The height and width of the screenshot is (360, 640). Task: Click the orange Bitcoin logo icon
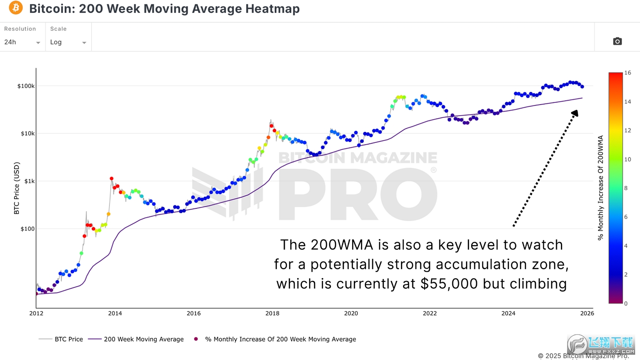(x=16, y=8)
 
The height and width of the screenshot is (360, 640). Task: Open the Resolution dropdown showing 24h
(x=22, y=42)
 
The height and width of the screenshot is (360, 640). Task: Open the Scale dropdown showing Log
(x=68, y=42)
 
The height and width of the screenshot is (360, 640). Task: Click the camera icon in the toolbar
(x=617, y=41)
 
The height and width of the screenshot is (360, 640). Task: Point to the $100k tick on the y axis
(x=26, y=86)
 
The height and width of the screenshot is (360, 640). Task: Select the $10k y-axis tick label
(x=27, y=133)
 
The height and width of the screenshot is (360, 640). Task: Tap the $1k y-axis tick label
(x=29, y=181)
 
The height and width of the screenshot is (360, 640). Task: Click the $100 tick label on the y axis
(x=28, y=229)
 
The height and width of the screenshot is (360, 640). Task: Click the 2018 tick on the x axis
(x=272, y=313)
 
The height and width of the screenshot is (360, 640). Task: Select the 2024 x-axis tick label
(x=508, y=313)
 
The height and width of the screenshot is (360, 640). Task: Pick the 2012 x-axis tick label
(x=36, y=313)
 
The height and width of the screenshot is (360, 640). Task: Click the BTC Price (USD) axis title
(x=17, y=188)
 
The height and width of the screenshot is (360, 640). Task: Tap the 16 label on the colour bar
(x=627, y=73)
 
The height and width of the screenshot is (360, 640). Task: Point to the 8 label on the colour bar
(x=625, y=188)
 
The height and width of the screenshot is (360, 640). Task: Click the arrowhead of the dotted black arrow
(x=575, y=113)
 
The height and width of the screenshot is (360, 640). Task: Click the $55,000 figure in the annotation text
(x=449, y=284)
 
